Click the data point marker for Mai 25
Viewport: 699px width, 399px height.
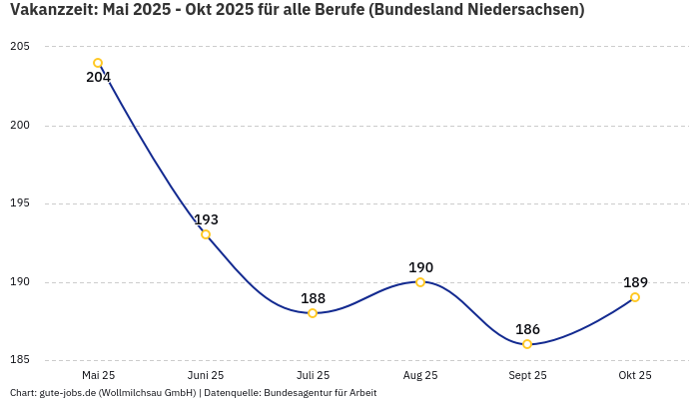pos(98,63)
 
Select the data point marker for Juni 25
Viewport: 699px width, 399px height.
pos(206,234)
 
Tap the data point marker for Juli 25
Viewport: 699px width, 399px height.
pos(313,313)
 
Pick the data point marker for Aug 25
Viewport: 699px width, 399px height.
pos(420,282)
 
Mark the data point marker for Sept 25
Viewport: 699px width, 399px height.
pos(527,344)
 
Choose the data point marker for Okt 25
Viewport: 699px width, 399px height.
pos(635,297)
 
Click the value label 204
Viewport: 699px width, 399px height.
pos(98,78)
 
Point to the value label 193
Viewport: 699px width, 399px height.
pos(206,219)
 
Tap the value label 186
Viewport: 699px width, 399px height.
pos(527,329)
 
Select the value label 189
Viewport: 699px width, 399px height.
pos(635,282)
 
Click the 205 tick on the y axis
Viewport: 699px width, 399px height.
pos(20,47)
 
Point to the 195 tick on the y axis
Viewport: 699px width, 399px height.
pos(20,203)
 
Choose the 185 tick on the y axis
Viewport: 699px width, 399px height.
pos(20,360)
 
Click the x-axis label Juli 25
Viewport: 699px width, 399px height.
pos(313,375)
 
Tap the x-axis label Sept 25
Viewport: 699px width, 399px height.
pos(527,375)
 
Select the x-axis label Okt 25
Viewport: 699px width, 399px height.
pos(635,375)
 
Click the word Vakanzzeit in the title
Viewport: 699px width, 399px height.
pos(52,10)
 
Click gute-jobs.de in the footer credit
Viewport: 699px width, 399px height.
pos(67,393)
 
